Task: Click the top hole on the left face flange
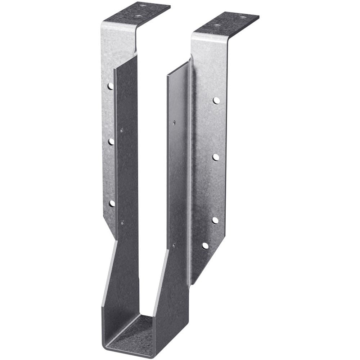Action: pos(111,86)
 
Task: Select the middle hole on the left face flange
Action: pos(111,141)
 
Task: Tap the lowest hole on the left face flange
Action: pos(112,203)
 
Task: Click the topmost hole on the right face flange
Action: pos(216,100)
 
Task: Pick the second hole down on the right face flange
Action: pos(216,157)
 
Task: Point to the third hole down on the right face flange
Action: pos(215,220)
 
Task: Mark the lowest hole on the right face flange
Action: pos(205,246)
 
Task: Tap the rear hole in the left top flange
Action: pos(143,6)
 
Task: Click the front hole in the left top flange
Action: pos(138,16)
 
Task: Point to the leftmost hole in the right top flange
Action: pos(216,26)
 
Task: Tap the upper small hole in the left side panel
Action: pos(122,130)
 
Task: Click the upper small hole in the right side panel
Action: pos(174,123)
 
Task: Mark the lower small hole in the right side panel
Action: pos(174,245)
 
